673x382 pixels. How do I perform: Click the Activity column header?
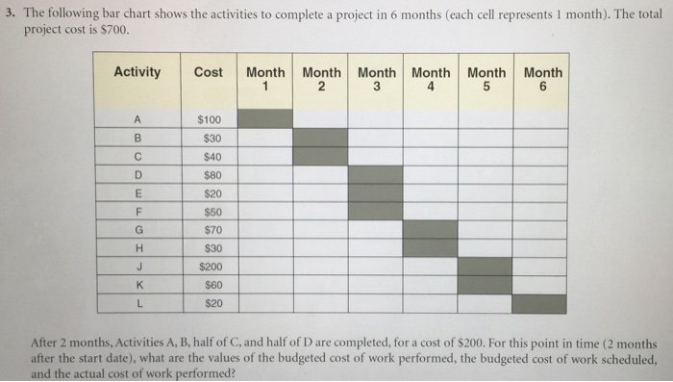pyautogui.click(x=137, y=72)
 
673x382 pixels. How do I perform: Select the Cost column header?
pyautogui.click(x=208, y=72)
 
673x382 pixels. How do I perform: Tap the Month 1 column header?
pyautogui.click(x=265, y=79)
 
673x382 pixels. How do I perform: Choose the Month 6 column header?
pyautogui.click(x=543, y=79)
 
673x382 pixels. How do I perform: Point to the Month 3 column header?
pyautogui.click(x=376, y=79)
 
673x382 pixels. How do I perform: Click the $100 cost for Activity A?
pyautogui.click(x=208, y=119)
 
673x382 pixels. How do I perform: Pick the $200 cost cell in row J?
pyautogui.click(x=208, y=267)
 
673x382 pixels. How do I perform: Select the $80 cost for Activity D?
pyautogui.click(x=208, y=175)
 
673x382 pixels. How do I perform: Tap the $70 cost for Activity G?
pyautogui.click(x=208, y=230)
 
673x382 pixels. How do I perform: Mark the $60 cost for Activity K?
pyautogui.click(x=208, y=286)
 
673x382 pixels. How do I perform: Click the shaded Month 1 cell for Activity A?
pyautogui.click(x=265, y=119)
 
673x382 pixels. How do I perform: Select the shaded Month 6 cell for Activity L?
pyautogui.click(x=538, y=304)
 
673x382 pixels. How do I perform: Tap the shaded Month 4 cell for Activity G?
pyautogui.click(x=431, y=230)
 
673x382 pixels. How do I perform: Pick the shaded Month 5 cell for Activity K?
pyautogui.click(x=485, y=286)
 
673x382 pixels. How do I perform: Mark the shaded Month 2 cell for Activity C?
pyautogui.click(x=320, y=156)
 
